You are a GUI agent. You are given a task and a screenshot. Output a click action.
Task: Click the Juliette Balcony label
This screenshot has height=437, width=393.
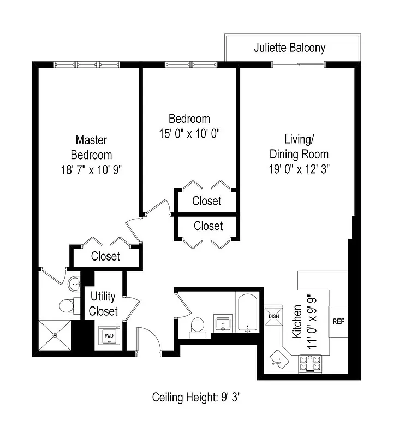click(x=289, y=48)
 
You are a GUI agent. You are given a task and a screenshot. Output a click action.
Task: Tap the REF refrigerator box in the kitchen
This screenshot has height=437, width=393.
click(x=338, y=321)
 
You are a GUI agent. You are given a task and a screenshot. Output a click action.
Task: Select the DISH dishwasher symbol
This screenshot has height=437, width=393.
click(x=272, y=316)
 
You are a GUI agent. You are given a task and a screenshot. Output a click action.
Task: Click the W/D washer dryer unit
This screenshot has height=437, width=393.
click(x=109, y=335)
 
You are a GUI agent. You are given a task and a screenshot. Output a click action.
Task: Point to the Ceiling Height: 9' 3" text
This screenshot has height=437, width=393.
click(x=196, y=397)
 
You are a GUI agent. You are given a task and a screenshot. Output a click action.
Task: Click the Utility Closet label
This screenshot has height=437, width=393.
click(x=103, y=304)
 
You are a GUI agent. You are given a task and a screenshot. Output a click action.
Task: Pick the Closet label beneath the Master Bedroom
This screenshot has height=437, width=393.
click(x=105, y=256)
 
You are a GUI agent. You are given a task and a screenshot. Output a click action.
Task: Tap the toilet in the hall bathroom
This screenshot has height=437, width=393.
click(x=197, y=326)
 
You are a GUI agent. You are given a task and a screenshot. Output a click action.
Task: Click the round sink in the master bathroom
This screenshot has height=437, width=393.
click(x=74, y=284)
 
